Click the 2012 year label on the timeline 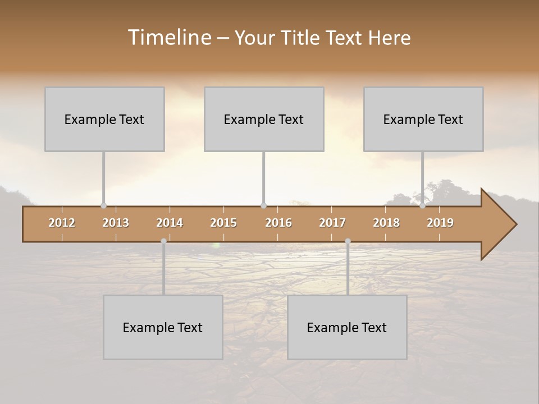[62, 223]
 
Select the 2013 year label [116, 223]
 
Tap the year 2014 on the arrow [170, 223]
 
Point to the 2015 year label [223, 223]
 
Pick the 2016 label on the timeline [278, 223]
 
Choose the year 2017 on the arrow [332, 223]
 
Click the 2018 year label [386, 223]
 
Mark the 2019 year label [440, 223]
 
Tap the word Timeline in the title [169, 38]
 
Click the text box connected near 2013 [104, 119]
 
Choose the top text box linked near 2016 [264, 119]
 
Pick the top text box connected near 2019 [423, 119]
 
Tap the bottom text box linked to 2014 [163, 327]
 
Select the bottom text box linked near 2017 [347, 327]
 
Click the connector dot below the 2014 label [163, 241]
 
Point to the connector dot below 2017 [348, 241]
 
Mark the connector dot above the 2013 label [103, 205]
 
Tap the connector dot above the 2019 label [422, 205]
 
